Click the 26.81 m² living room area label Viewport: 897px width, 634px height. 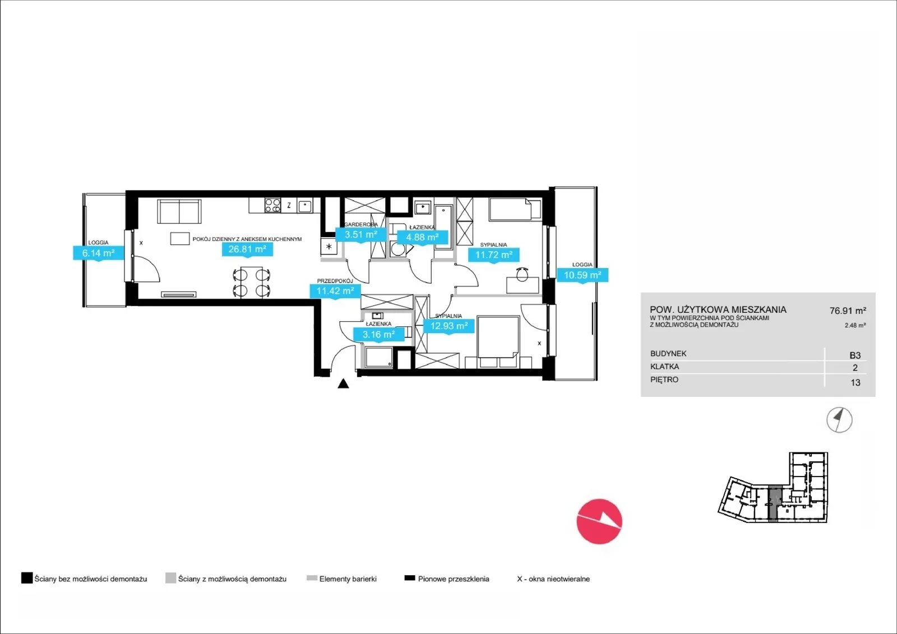247,249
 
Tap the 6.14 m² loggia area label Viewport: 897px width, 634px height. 99,253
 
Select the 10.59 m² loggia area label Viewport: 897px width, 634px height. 582,275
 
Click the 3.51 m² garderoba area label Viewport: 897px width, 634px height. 361,234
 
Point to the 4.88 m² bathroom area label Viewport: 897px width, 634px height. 423,237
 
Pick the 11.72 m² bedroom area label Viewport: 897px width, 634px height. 494,254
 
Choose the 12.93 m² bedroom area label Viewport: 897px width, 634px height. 449,326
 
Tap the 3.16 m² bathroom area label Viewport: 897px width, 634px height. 379,335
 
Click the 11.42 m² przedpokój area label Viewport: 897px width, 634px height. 335,291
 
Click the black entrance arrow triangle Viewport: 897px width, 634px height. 343,383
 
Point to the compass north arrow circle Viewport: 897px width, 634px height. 839,420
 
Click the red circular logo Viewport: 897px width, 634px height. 599,521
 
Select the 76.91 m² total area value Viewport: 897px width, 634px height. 848,311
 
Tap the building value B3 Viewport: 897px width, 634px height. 855,355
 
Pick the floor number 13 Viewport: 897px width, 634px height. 856,382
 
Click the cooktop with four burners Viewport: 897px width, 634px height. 272,206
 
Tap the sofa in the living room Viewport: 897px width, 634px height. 179,211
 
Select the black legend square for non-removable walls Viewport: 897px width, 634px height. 27,578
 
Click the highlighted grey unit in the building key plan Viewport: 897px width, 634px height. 774,503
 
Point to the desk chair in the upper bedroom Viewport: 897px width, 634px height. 522,274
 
